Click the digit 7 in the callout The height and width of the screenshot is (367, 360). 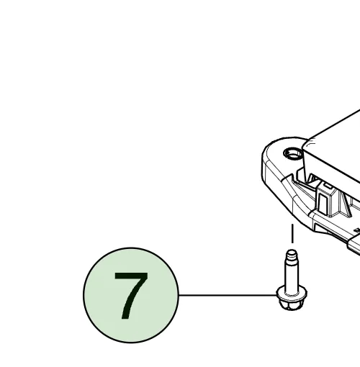(131, 296)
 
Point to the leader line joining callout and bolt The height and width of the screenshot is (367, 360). (228, 295)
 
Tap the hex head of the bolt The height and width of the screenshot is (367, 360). (291, 304)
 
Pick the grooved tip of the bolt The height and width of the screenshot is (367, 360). (292, 257)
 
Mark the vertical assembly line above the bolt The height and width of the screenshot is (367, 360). (292, 233)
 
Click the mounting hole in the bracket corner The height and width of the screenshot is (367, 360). (293, 153)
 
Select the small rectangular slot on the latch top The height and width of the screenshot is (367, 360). (327, 185)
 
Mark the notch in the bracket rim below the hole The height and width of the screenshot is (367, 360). (290, 177)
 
